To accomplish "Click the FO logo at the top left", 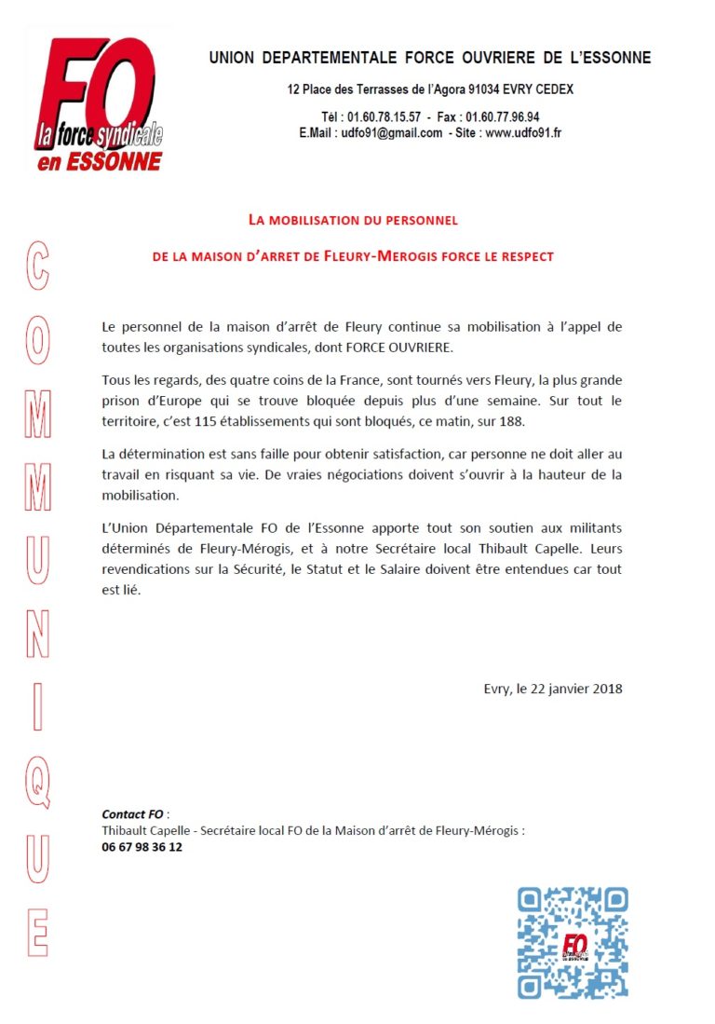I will pyautogui.click(x=97, y=102).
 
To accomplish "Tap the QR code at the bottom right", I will pyautogui.click(x=573, y=942).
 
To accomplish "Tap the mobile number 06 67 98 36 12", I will pyautogui.click(x=142, y=847).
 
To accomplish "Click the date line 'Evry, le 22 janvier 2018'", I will pyautogui.click(x=553, y=689).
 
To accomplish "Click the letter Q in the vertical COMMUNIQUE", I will pyautogui.click(x=36, y=781).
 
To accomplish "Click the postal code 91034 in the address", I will pyautogui.click(x=472, y=89).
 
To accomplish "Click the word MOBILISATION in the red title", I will pyautogui.click(x=317, y=221).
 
